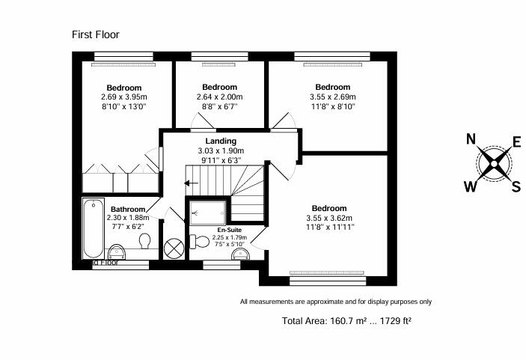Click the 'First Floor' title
click(x=95, y=34)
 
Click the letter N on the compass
click(x=471, y=139)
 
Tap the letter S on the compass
click(x=515, y=186)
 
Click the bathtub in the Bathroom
click(x=93, y=228)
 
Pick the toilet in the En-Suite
click(x=200, y=241)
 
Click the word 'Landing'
click(x=221, y=141)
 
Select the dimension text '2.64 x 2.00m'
click(x=219, y=97)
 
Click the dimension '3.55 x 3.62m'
click(x=329, y=218)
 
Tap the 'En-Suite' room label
click(x=229, y=230)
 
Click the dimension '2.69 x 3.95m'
click(x=124, y=97)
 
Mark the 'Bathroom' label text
click(x=127, y=210)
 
